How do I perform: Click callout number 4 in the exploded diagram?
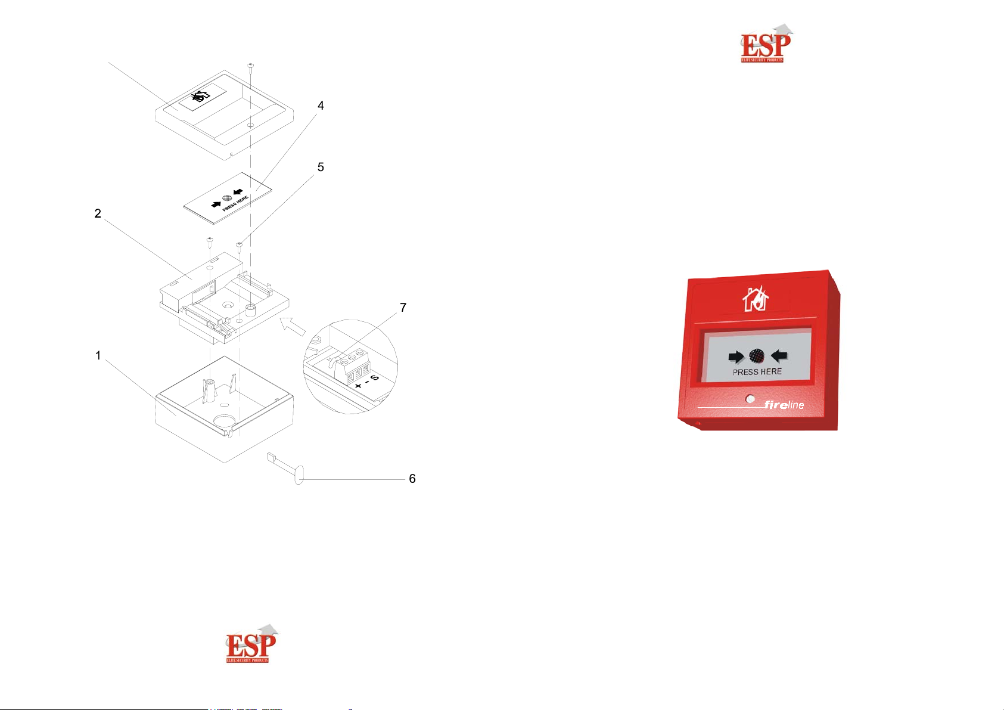coord(321,106)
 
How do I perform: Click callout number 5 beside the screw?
coord(321,168)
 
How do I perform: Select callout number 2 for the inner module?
coord(98,213)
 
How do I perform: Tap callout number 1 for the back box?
coord(98,356)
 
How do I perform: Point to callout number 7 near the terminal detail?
coord(403,308)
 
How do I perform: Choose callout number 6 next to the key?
coord(412,479)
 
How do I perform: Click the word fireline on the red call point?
coord(784,405)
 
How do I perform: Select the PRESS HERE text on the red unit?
coord(757,372)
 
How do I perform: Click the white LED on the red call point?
coord(750,399)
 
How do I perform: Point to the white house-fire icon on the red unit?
coord(756,299)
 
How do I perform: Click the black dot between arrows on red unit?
coord(757,356)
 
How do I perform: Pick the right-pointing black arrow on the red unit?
coord(736,357)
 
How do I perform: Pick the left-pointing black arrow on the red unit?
coord(779,356)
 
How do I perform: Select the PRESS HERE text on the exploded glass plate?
coord(235,204)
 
